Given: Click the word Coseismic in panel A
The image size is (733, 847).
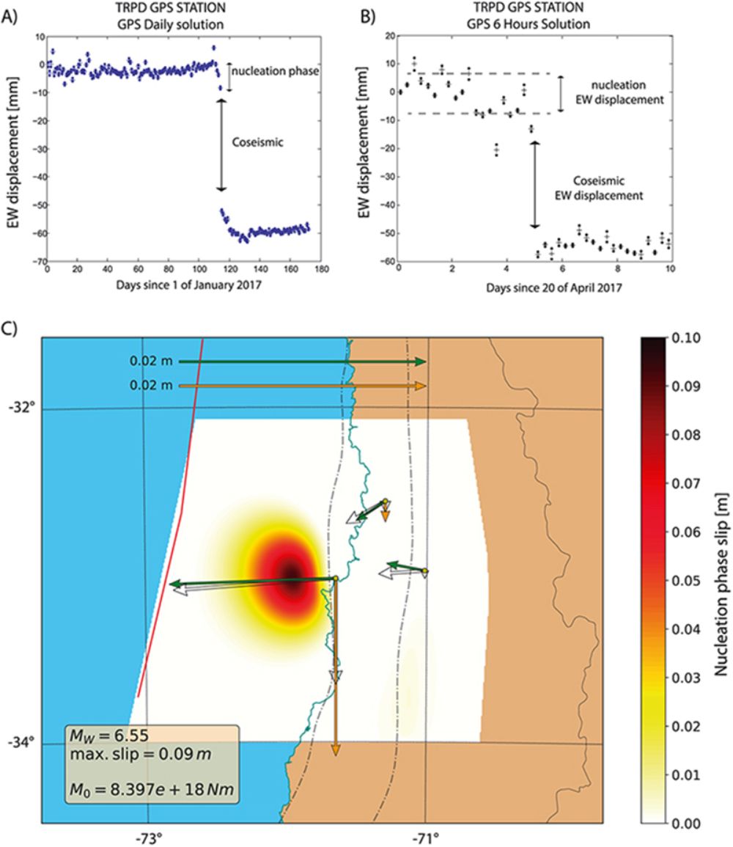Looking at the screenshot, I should point(252,145).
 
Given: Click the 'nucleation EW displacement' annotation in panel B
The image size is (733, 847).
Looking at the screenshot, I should point(624,92).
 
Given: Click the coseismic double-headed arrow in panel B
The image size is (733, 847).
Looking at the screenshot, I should point(534,183).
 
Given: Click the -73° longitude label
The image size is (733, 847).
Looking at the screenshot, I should point(148,835).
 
